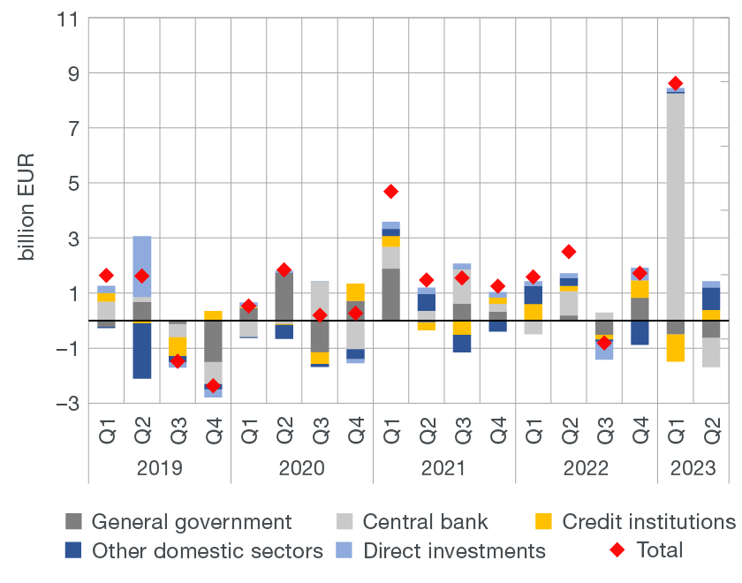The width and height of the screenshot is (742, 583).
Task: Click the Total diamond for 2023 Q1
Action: pyautogui.click(x=676, y=84)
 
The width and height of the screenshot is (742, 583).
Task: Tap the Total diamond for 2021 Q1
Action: pyautogui.click(x=390, y=192)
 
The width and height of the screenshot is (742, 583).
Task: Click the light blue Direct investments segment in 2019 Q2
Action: pyautogui.click(x=142, y=265)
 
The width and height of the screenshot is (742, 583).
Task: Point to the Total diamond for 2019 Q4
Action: pyautogui.click(x=213, y=385)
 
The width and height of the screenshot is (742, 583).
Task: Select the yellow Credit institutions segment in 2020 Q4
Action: pyautogui.click(x=355, y=292)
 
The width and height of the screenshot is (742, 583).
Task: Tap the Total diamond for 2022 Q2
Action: pyautogui.click(x=569, y=252)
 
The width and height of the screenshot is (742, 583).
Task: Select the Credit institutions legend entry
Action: pyautogui.click(x=647, y=522)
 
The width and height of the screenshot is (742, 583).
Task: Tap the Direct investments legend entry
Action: pyautogui.click(x=454, y=551)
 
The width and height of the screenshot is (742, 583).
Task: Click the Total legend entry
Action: pyautogui.click(x=659, y=550)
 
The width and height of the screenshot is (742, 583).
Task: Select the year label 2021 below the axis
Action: pyautogui.click(x=444, y=467)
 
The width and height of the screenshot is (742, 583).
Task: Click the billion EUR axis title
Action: pyautogui.click(x=26, y=211)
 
